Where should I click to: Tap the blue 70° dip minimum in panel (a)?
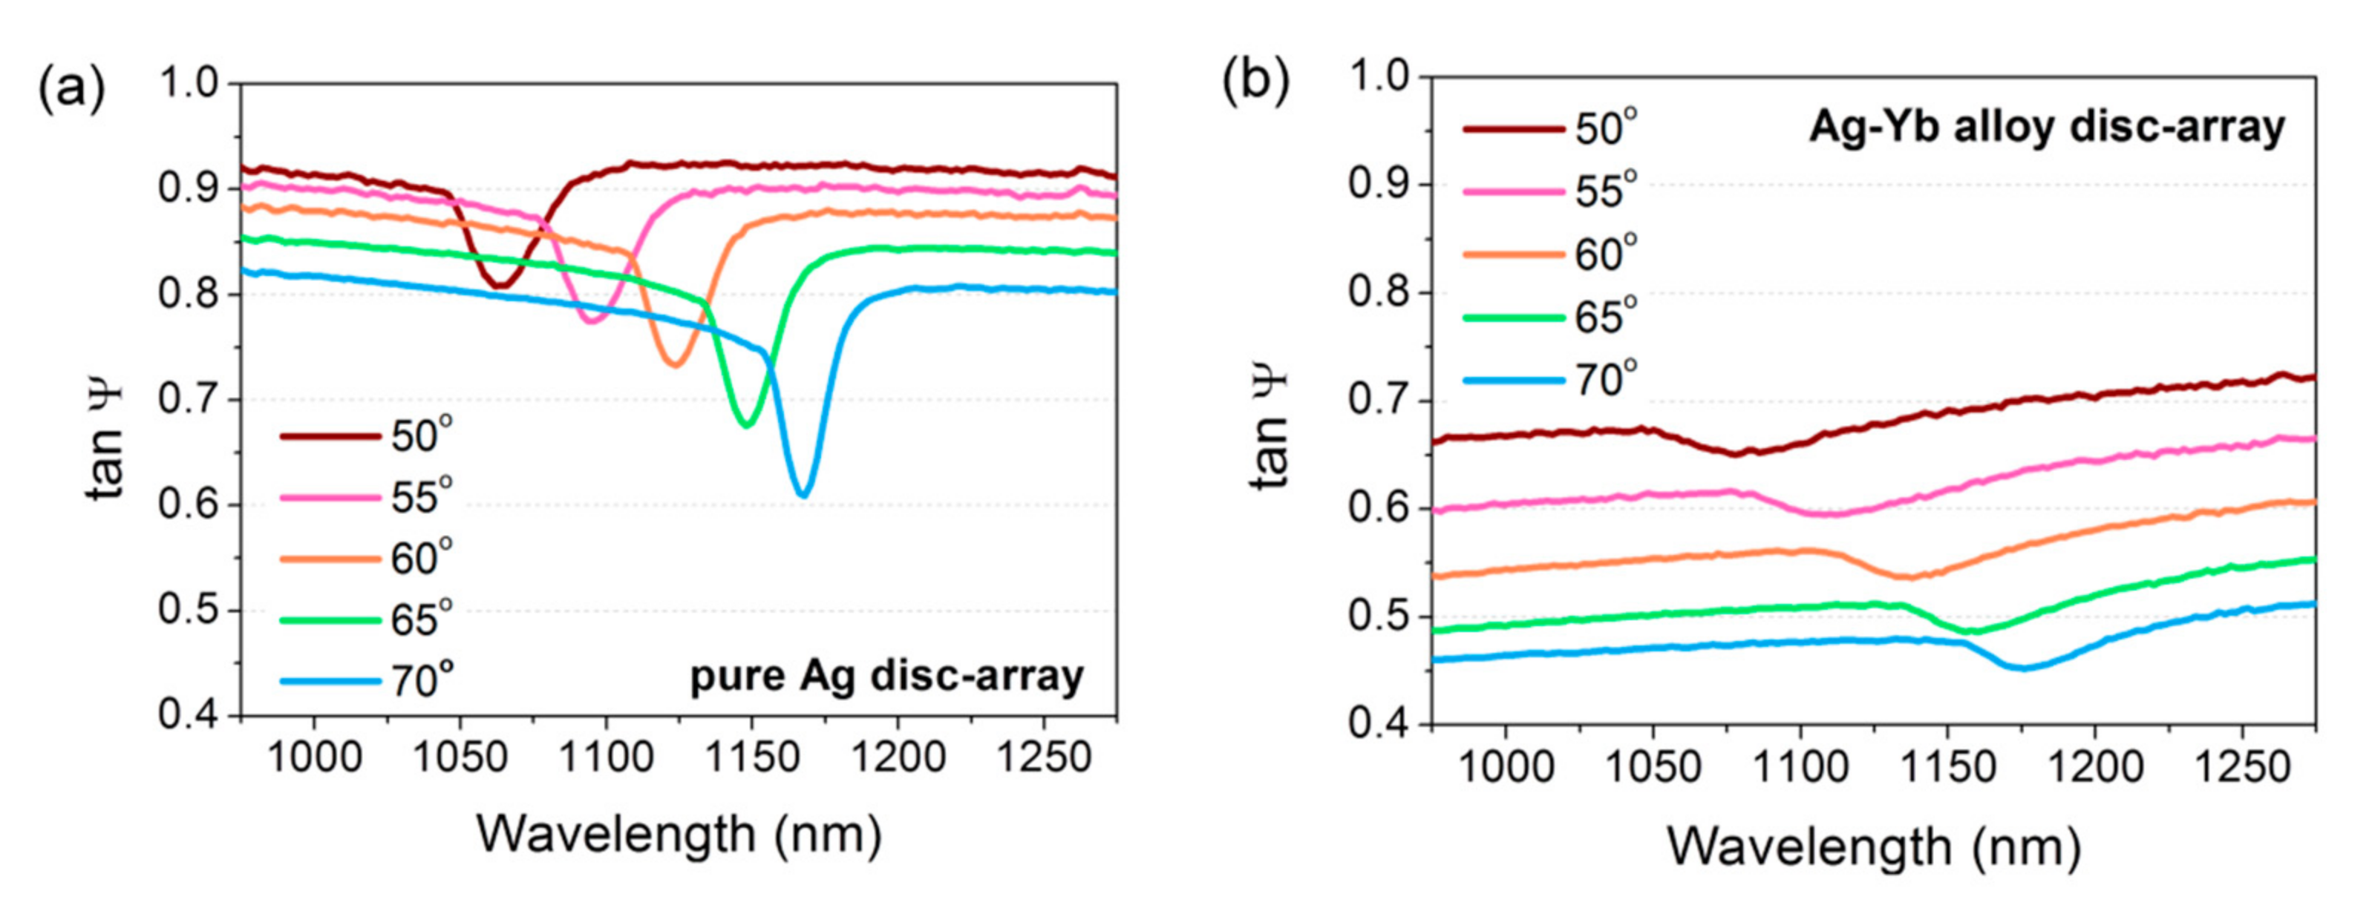coord(803,495)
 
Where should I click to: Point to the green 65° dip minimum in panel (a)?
coord(747,424)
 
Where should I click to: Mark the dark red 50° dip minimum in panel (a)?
coord(499,286)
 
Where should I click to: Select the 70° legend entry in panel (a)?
coord(368,681)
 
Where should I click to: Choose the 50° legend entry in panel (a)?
coord(368,435)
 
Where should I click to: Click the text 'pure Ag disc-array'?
coord(886,677)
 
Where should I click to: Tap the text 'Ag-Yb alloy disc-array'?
coord(2046,127)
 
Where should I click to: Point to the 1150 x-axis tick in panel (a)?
coord(752,758)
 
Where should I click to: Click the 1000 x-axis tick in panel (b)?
coord(1506,766)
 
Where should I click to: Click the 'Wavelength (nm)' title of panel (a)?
coord(679,835)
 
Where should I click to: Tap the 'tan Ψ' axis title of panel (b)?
coord(1272,431)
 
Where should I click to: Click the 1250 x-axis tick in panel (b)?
coord(2241,766)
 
